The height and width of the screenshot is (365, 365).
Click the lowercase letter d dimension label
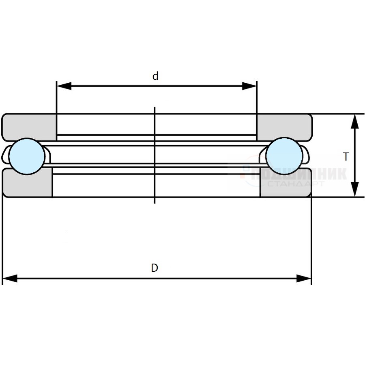(155, 76)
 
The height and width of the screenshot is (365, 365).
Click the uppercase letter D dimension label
(155, 268)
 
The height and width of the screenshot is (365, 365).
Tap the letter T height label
(346, 157)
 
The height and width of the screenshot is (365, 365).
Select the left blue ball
(27, 156)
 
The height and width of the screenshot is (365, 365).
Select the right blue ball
(284, 156)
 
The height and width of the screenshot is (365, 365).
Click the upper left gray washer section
(29, 125)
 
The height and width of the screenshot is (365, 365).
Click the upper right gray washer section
(284, 125)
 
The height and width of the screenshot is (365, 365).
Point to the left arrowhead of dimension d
(63, 86)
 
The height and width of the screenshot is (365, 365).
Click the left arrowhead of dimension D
(10, 279)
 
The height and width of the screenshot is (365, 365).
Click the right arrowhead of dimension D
(304, 279)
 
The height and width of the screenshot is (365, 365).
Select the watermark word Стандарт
(296, 184)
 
